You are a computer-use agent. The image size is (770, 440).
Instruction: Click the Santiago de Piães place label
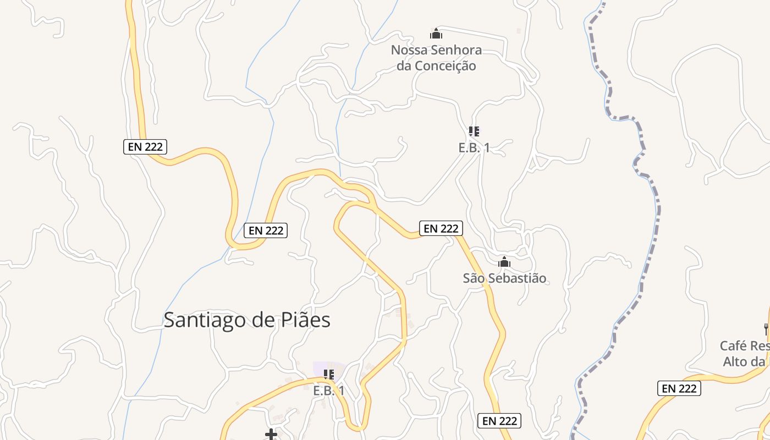coord(247,320)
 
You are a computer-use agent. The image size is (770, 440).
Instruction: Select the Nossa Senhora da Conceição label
coord(436,58)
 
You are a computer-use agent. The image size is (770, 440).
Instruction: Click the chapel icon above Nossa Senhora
coord(436,34)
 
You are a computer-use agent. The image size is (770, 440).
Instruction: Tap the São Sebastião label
coord(504,278)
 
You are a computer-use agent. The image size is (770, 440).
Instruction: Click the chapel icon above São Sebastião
coord(504,262)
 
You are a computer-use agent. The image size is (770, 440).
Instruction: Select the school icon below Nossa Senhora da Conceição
coord(474,131)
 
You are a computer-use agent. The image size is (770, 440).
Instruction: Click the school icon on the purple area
coord(329,375)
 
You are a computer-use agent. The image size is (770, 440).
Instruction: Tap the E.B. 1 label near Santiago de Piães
coord(329,391)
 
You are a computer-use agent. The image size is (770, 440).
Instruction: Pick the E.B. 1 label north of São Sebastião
coord(474,148)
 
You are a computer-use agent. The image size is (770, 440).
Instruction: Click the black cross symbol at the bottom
coord(271,435)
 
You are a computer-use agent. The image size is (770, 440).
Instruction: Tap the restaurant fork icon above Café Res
coord(766,329)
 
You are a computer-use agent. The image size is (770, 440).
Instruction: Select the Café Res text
coord(744,346)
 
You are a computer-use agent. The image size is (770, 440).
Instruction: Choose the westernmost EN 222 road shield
coord(145,147)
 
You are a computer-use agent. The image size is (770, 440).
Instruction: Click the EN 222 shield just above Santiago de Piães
coord(266,230)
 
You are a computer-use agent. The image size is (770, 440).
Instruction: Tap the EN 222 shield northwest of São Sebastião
coord(441,228)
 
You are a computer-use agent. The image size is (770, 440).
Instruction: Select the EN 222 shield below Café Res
coord(679,388)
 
